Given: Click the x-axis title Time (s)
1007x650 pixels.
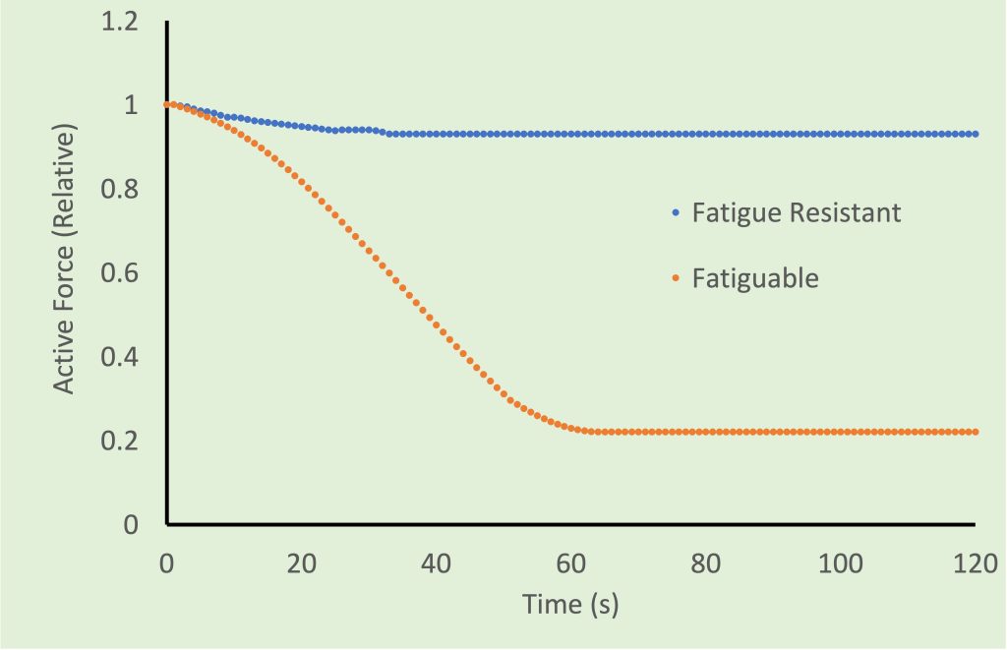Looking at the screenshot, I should (570, 605).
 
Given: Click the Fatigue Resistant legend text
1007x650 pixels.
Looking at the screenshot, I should (797, 212).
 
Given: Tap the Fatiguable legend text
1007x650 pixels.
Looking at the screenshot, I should (755, 278).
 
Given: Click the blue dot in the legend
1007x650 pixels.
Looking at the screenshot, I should (675, 212).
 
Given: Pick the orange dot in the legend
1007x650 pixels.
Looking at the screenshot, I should (675, 279).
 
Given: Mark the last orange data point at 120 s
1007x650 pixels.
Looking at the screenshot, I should (976, 432).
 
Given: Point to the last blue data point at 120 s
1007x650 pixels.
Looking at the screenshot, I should (976, 134).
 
